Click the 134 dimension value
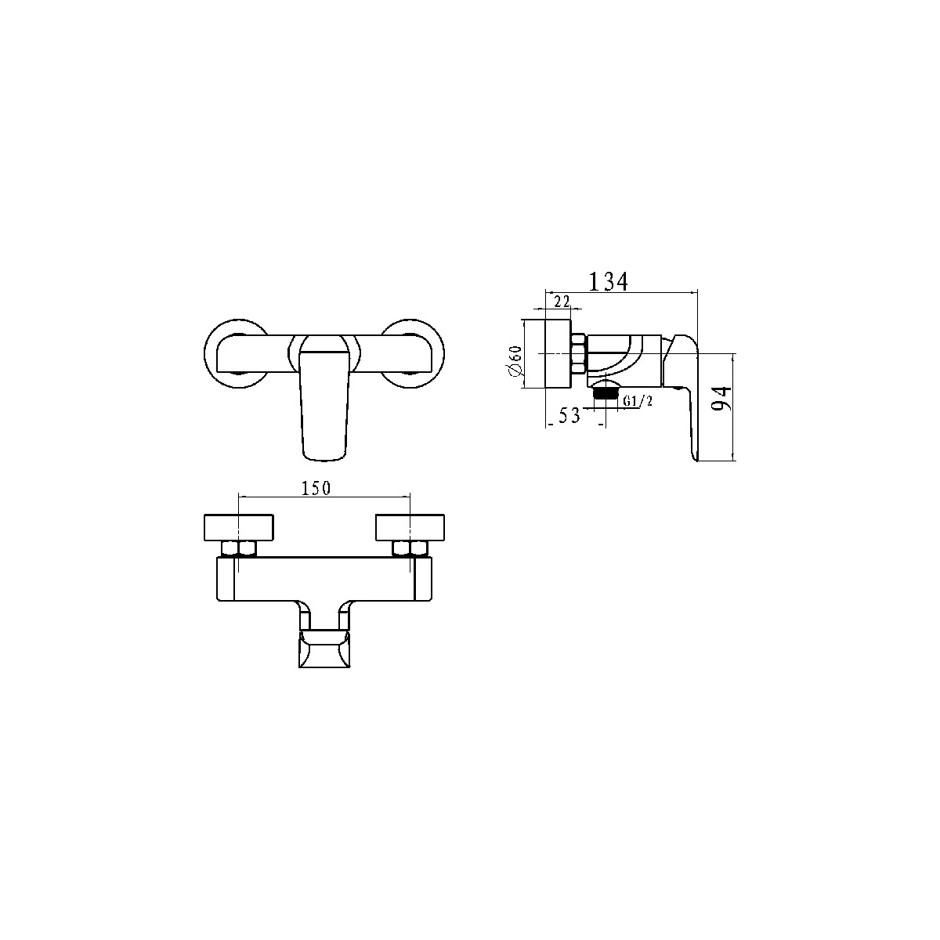pos(609,282)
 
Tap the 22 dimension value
pos(562,302)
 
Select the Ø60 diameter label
pos(515,360)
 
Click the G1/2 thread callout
pos(638,401)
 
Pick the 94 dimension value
pos(723,398)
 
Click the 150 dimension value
pos(316,488)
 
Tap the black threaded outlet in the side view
pos(606,394)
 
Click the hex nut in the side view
pos(578,353)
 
